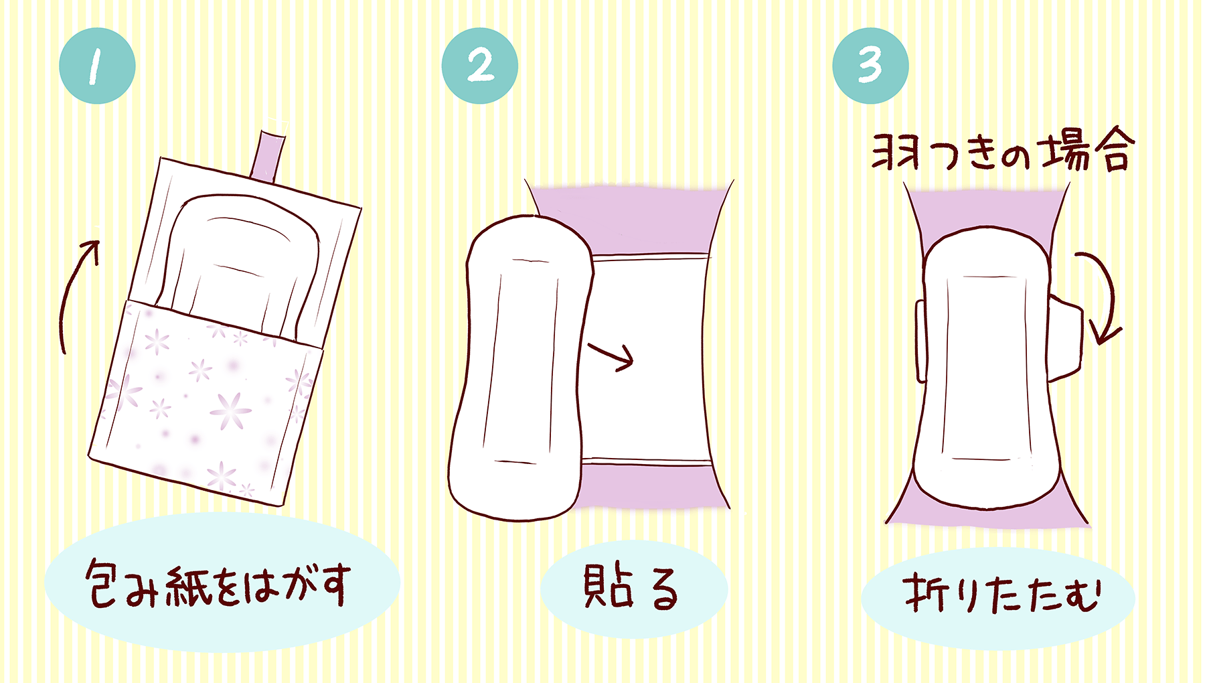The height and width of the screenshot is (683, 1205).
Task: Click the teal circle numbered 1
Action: [x=97, y=66]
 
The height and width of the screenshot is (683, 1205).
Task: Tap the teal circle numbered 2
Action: [x=479, y=66]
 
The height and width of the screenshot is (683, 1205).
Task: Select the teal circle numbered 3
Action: [x=870, y=66]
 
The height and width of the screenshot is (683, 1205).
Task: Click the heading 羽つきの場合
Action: [x=1001, y=153]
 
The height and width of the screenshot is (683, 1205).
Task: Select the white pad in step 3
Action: [x=984, y=368]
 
